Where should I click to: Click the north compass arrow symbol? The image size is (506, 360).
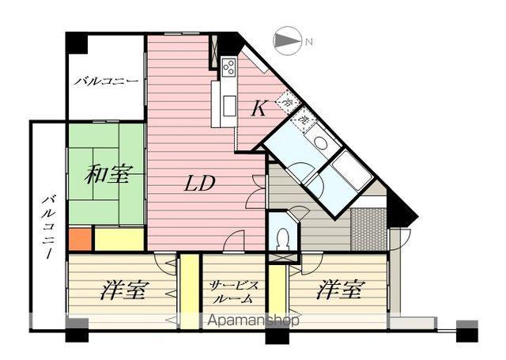[286, 41]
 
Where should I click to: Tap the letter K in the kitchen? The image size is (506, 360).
[258, 110]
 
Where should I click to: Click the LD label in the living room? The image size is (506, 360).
[201, 184]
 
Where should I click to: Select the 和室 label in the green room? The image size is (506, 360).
[107, 175]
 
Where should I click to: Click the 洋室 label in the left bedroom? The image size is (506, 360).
[123, 291]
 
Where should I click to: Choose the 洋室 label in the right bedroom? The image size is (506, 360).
[340, 291]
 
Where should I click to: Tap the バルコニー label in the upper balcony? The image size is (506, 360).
[106, 82]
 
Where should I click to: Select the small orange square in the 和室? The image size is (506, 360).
[79, 238]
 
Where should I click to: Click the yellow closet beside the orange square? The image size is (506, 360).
[119, 238]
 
